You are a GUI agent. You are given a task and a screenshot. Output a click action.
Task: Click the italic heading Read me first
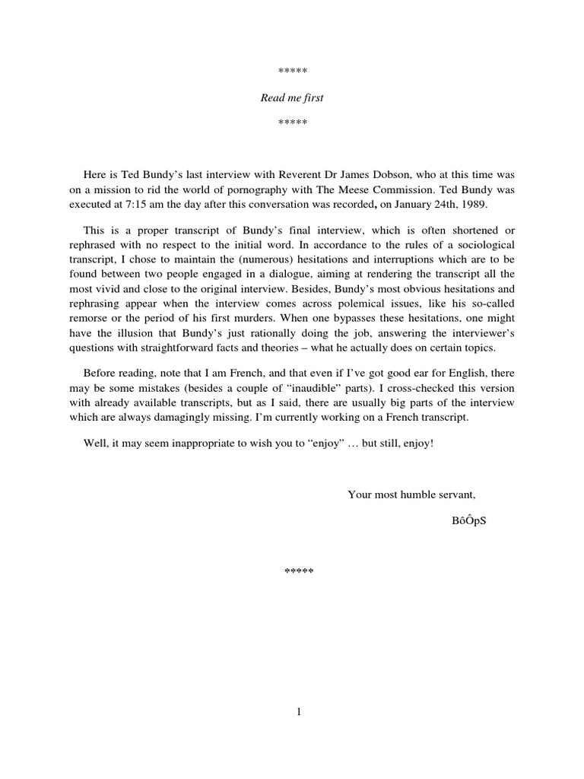point(292,98)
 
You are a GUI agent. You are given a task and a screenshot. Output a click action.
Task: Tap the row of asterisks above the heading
point(292,72)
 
